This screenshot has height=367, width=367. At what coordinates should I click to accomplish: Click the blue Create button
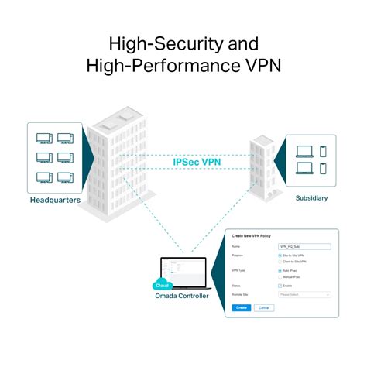(241, 307)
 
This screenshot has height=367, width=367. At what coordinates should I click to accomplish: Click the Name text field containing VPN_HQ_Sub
(304, 246)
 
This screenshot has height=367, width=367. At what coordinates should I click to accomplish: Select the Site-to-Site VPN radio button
(280, 255)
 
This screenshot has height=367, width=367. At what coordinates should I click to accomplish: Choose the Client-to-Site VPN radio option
(280, 261)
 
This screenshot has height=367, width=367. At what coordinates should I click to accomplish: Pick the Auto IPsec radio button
(280, 270)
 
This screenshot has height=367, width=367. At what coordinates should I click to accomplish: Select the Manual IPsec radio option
(280, 276)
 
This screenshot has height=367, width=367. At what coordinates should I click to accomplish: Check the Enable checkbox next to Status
(280, 286)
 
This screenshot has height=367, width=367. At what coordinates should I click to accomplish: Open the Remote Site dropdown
(304, 294)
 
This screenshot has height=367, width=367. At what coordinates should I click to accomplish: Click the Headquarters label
(55, 200)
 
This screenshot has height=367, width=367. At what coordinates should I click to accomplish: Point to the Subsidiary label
(311, 198)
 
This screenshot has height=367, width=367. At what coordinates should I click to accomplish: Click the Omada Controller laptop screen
(185, 270)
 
